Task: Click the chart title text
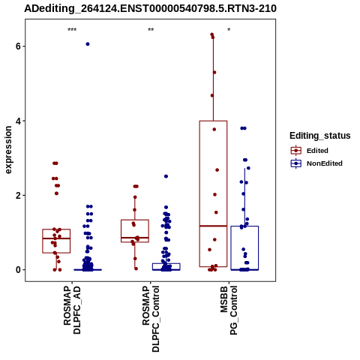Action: point(150,9)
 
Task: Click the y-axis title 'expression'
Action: point(8,150)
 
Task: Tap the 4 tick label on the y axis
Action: point(19,121)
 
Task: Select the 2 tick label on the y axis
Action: point(19,195)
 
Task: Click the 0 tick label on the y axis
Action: point(19,270)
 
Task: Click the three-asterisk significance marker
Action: point(72,30)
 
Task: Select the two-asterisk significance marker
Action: point(151,30)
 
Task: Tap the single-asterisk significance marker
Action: point(229,30)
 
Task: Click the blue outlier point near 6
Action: point(88,44)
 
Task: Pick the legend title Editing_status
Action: point(320,136)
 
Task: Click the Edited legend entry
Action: point(317,151)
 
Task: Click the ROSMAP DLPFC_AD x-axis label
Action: point(72,310)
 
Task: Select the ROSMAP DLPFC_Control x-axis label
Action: point(151,319)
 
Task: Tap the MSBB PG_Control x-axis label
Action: point(229,310)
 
